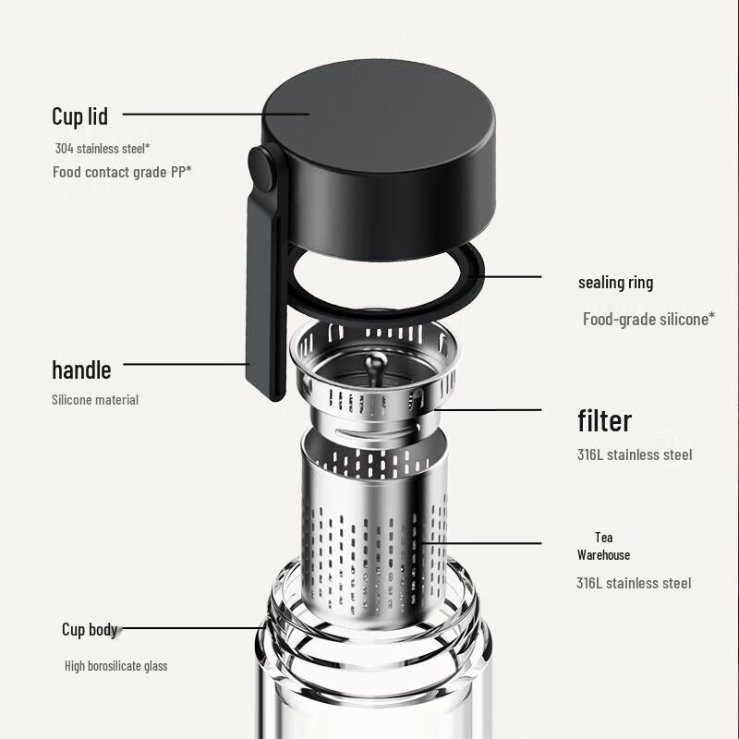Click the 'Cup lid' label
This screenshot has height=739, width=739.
pos(79,116)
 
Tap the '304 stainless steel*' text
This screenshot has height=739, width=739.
pos(102,148)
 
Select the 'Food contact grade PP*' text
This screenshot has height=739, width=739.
pos(122,172)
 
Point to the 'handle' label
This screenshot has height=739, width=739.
pos(81,370)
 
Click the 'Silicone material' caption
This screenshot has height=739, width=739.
pos(95,400)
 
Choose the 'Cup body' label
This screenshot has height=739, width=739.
pos(90,630)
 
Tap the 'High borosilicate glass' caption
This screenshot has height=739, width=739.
pos(115,666)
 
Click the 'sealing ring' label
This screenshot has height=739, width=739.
pos(615,283)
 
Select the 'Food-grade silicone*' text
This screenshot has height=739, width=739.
pos(648,320)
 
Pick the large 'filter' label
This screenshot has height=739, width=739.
pos(605,421)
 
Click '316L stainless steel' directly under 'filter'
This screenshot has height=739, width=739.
pos(635,454)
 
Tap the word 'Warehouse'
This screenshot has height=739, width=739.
pos(604,555)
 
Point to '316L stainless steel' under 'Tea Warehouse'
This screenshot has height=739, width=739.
pos(634,583)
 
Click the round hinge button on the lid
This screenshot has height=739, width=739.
pos(261,172)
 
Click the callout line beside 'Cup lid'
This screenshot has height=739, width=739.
pos(212,115)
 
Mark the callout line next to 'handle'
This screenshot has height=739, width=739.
pos(185,364)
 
